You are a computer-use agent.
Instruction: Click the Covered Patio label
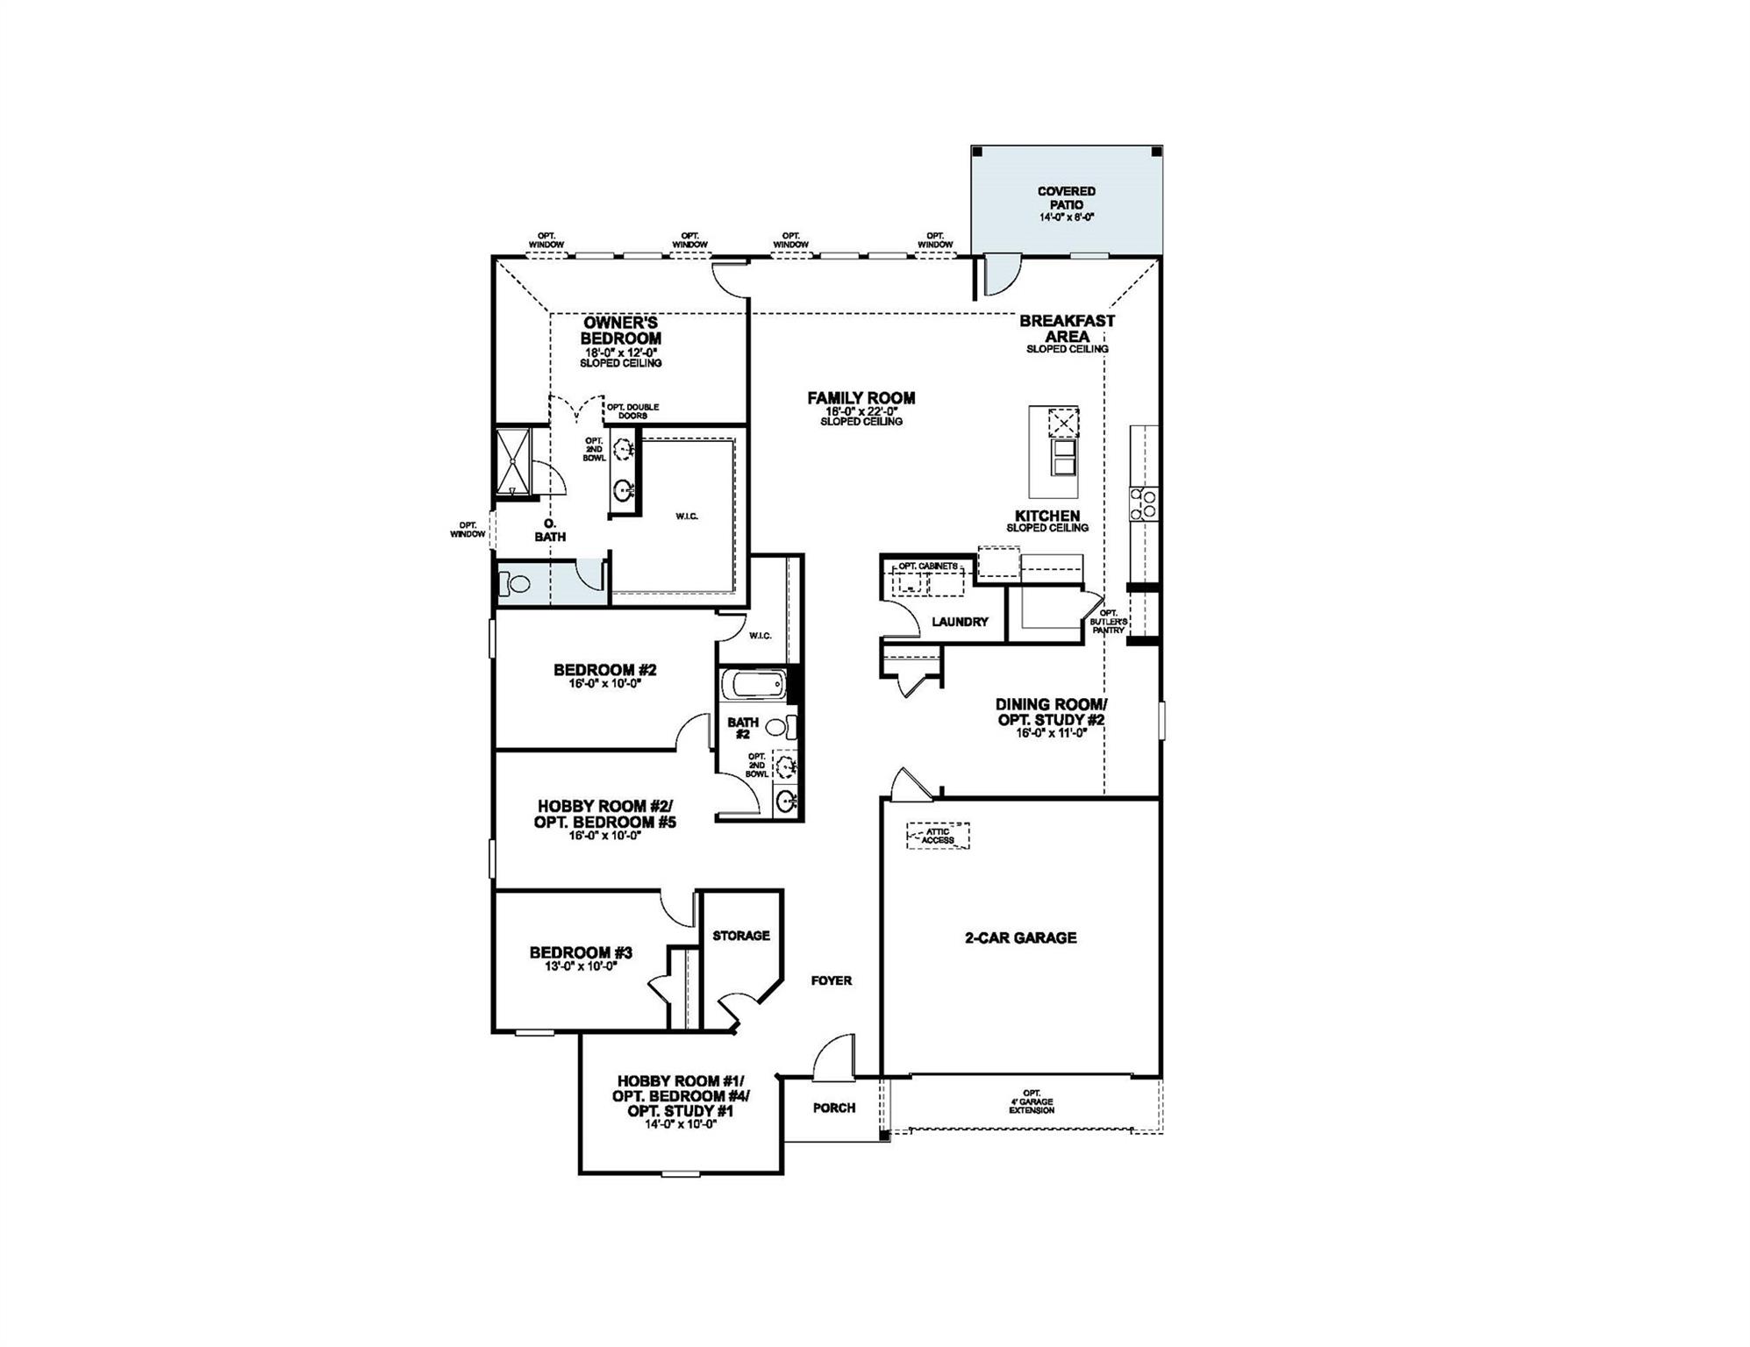[x=1066, y=198]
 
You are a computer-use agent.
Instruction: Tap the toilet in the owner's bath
[x=513, y=583]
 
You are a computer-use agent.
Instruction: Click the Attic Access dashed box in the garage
[x=938, y=836]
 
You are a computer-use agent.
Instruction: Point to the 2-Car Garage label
[x=1020, y=937]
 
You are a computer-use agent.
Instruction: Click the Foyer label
[x=831, y=980]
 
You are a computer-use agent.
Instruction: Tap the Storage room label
[x=740, y=936]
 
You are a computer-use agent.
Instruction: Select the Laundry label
[x=960, y=622]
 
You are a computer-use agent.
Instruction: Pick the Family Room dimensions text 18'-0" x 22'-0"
[x=861, y=410]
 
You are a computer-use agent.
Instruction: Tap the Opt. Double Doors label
[x=632, y=410]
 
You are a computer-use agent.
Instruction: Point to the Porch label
[x=833, y=1108]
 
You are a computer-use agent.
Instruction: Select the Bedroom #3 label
[x=581, y=952]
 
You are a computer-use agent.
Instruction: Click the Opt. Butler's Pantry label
[x=1108, y=622]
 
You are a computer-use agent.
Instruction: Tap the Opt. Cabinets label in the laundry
[x=928, y=566]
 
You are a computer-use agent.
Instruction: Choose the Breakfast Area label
[x=1067, y=329]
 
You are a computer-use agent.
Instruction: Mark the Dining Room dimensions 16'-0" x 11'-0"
[x=1051, y=733]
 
